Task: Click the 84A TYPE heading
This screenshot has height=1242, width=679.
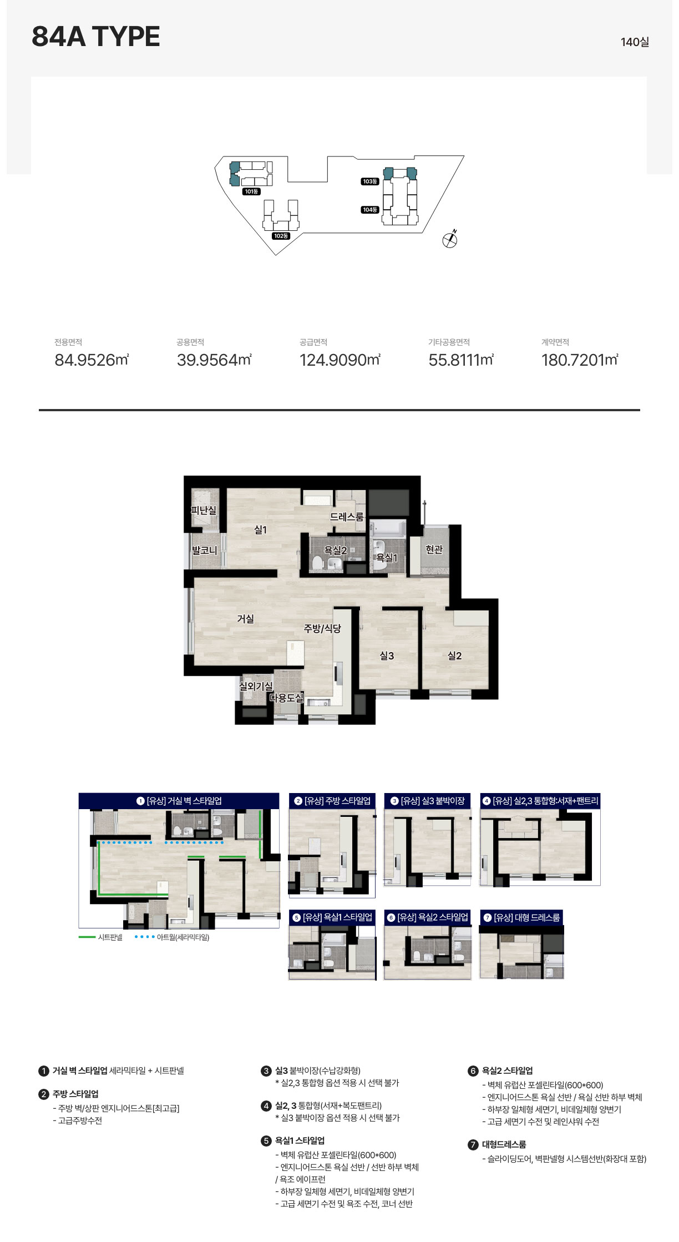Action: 96,37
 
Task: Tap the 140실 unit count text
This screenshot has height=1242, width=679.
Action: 635,42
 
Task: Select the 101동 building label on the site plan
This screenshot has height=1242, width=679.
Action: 251,191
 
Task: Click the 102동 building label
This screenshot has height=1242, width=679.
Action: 281,236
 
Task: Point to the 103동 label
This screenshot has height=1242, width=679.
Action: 370,181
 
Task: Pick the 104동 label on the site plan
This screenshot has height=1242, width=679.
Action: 370,210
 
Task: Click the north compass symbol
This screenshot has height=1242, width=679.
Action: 450,239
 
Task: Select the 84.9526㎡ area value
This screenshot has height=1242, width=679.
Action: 92,360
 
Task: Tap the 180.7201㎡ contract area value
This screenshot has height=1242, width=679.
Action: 580,360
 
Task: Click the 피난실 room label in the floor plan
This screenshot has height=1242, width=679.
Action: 204,510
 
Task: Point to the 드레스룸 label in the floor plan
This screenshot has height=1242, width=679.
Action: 347,517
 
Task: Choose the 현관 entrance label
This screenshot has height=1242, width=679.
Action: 434,549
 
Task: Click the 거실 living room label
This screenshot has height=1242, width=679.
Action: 245,618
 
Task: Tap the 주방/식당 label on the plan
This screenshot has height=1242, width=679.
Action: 322,628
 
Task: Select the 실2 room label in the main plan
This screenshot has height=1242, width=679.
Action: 454,655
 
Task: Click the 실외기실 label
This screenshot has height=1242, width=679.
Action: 256,686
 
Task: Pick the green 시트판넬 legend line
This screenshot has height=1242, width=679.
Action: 87,937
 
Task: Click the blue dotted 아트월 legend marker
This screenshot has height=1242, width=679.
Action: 144,937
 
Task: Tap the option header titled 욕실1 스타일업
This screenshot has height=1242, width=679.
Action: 332,917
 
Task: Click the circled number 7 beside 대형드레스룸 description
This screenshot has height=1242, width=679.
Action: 473,1144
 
